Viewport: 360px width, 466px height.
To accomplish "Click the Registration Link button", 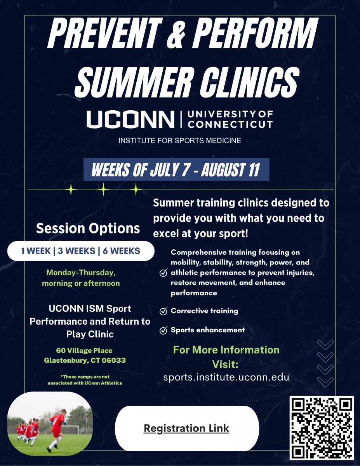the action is (187, 428).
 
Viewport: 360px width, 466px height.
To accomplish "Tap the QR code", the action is (322, 428).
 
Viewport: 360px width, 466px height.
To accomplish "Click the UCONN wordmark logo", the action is (130, 119).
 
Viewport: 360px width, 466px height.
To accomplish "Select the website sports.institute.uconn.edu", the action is (226, 377).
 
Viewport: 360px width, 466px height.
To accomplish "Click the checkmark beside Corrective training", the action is (163, 311).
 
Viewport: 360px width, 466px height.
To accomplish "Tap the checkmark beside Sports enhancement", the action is (163, 330).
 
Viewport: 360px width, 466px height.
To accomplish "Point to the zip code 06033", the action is (114, 360).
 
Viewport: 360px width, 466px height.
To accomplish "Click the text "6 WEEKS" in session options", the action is (121, 251).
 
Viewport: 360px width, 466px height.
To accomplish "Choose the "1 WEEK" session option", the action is (36, 251).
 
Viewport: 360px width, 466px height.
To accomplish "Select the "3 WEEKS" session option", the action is (77, 251).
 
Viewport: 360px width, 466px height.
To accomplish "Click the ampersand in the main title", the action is (176, 33).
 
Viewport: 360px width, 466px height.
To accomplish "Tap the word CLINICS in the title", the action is (250, 82).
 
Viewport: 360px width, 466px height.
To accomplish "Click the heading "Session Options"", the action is (88, 228).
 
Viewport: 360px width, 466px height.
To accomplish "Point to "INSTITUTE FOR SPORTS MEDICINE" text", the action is (180, 141).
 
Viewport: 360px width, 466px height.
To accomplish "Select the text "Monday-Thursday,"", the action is (81, 273).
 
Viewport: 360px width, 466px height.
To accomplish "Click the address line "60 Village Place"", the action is (84, 350).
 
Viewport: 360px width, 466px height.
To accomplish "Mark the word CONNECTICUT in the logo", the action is (230, 124).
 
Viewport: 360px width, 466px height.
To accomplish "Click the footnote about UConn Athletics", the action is (85, 380).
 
